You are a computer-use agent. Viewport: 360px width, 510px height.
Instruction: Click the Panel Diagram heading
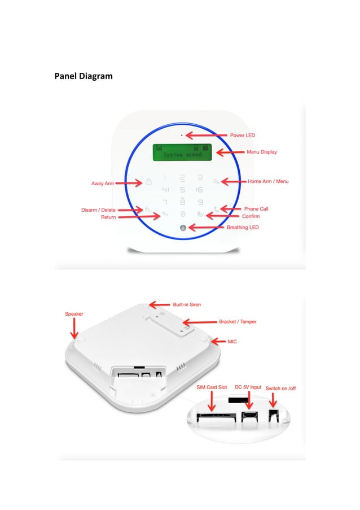tap(83, 76)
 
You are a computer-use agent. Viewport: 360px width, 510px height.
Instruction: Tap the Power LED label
tap(243, 136)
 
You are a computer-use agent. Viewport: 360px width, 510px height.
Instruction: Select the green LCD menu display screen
tap(183, 152)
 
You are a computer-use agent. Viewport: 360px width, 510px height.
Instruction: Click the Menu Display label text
tap(262, 152)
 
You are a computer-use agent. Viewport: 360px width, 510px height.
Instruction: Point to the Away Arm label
tap(103, 184)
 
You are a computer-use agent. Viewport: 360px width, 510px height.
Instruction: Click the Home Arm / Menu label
tap(268, 182)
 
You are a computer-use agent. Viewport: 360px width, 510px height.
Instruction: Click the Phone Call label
tap(256, 209)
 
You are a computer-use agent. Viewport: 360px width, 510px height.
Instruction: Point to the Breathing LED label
tap(243, 228)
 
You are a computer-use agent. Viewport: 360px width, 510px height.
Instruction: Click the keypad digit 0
tap(183, 215)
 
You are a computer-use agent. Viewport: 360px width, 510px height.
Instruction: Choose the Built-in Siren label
tap(187, 304)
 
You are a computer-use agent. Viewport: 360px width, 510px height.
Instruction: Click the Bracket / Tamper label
tap(238, 322)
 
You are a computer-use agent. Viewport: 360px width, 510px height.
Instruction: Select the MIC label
tap(232, 342)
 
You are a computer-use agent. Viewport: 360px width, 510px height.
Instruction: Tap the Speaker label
tap(74, 313)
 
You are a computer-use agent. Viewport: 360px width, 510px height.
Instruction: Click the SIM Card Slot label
tap(212, 387)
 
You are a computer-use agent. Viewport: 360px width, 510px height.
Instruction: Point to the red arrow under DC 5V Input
tap(248, 400)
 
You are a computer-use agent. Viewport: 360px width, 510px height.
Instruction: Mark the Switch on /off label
tap(280, 388)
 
